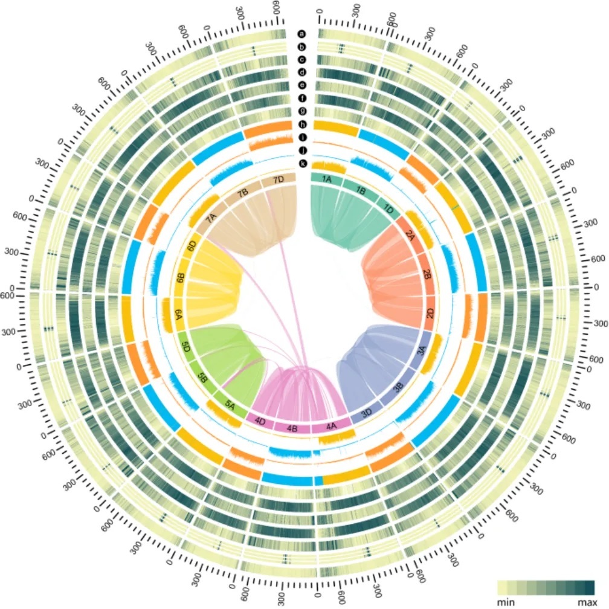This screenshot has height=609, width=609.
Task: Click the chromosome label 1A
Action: (327, 179)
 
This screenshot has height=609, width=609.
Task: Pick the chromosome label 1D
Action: (390, 209)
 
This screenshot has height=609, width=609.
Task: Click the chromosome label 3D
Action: (367, 414)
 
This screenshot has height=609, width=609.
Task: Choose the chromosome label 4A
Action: (331, 426)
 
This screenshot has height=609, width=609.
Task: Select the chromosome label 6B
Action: (180, 277)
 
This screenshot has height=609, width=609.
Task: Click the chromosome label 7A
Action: (212, 219)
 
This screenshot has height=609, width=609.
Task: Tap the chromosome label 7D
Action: (278, 179)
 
